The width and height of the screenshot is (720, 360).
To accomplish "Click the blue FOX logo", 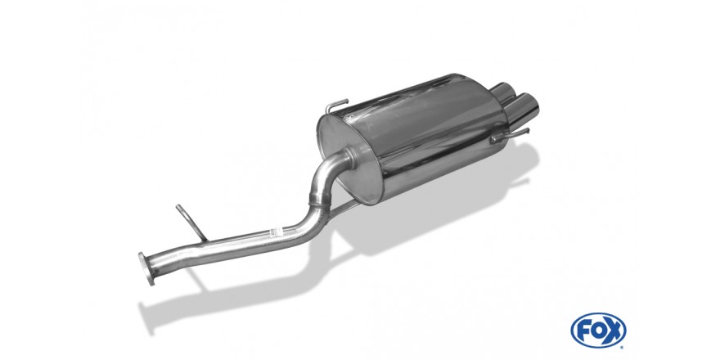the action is pos(598,331).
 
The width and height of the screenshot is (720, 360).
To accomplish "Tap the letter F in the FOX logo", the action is pos(584,331).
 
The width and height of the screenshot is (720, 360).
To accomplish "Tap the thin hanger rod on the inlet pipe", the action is pos(191,223).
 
